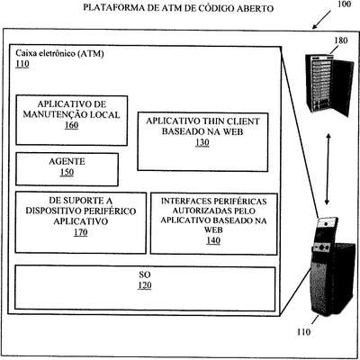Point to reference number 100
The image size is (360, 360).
point(344,4)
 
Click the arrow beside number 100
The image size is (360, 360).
point(321,20)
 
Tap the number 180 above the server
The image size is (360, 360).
point(341,40)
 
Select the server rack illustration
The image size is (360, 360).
point(329,85)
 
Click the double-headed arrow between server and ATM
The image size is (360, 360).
point(328,169)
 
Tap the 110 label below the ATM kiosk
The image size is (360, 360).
point(303,332)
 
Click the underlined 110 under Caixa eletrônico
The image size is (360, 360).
point(22,64)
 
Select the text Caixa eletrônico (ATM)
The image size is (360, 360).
point(59,54)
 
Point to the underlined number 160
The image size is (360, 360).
point(71,125)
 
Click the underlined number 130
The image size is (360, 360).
point(202,142)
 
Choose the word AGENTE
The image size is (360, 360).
point(67,162)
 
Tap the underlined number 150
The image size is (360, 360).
point(67,172)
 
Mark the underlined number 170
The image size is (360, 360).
point(81,232)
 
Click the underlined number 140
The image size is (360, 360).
point(213,240)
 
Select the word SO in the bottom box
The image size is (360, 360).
point(145,274)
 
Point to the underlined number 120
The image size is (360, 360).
point(145,285)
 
